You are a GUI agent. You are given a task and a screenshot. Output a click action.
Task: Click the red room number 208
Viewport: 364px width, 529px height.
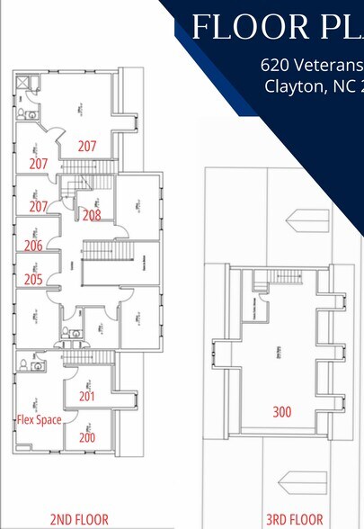tap(91, 215)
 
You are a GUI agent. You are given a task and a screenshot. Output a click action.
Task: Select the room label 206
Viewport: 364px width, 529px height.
tap(33, 246)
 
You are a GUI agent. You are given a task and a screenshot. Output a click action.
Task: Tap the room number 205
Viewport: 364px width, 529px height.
tap(33, 279)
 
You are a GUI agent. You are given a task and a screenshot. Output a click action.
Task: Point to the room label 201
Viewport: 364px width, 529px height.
tap(87, 396)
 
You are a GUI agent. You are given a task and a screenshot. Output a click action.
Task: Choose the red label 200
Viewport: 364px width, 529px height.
tap(87, 437)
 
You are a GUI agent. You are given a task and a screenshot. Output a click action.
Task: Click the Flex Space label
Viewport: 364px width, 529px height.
tap(40, 419)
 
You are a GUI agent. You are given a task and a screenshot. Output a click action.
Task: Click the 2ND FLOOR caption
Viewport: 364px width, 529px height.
tap(79, 519)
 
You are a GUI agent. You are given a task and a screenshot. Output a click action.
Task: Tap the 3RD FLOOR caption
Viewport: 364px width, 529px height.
tap(293, 519)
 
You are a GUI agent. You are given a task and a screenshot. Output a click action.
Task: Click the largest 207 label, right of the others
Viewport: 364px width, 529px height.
tap(86, 145)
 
